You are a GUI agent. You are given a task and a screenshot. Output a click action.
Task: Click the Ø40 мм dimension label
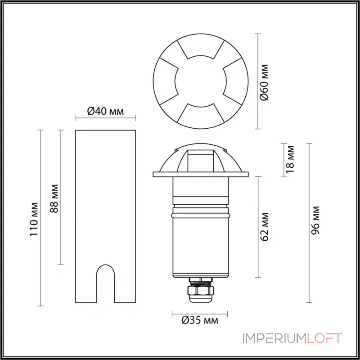105,111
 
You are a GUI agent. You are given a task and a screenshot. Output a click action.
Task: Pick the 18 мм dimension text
290,159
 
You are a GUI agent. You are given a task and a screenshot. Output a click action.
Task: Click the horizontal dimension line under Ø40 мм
105,119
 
